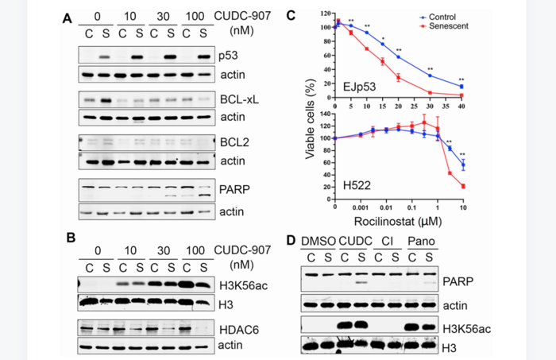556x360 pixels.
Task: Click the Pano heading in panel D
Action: point(419,242)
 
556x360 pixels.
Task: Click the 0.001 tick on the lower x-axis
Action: point(361,207)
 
